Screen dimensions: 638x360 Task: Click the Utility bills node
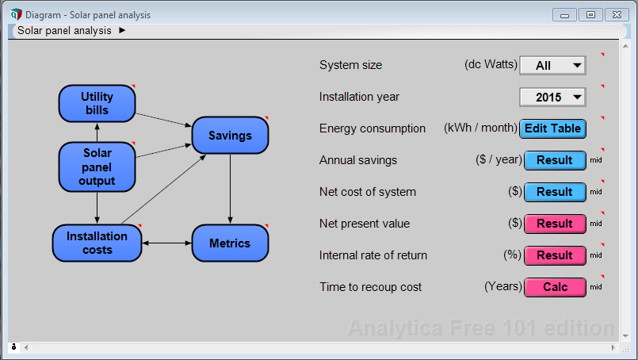click(97, 103)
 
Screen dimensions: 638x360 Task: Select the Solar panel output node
click(97, 167)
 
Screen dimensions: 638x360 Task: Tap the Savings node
click(230, 136)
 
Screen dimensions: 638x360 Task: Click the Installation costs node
click(97, 243)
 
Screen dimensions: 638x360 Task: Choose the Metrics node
click(230, 243)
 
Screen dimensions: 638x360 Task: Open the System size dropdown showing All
click(552, 65)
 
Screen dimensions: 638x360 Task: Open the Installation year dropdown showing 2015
click(552, 97)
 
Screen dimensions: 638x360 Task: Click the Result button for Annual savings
click(555, 160)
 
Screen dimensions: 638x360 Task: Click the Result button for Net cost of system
click(555, 192)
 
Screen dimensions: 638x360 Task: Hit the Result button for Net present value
click(555, 224)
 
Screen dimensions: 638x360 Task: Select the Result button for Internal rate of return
click(555, 255)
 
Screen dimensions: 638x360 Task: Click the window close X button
click(617, 14)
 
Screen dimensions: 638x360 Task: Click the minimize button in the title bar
click(564, 14)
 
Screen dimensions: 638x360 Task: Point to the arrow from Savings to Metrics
click(231, 189)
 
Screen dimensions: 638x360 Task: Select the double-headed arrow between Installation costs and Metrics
click(166, 243)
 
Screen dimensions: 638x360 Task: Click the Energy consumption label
click(372, 128)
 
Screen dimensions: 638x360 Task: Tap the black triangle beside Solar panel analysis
click(122, 30)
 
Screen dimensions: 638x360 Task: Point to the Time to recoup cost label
click(370, 287)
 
